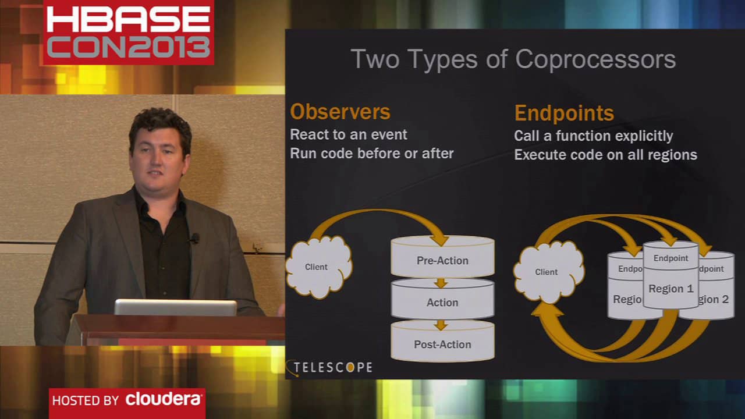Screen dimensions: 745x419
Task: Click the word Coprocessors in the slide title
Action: point(595,60)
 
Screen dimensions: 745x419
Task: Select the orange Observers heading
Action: point(340,112)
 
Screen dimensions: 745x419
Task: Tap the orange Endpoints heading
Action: point(564,113)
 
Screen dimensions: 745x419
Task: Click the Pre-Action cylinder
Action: point(443,257)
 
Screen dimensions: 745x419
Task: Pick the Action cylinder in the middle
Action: point(443,299)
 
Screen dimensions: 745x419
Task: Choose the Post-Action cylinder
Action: point(443,341)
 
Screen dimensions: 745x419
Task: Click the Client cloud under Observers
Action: point(318,267)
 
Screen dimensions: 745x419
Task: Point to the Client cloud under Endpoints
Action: point(549,272)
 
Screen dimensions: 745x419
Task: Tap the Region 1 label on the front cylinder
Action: point(671,289)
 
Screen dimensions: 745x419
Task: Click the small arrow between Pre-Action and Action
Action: point(441,283)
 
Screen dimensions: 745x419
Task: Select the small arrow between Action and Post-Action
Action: point(441,325)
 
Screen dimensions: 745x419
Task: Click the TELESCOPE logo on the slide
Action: point(329,368)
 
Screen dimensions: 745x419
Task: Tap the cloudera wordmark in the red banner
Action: point(164,399)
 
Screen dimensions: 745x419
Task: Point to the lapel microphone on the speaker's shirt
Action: point(194,238)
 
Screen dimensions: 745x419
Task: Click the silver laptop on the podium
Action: point(175,307)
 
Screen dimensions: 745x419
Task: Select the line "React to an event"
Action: point(348,134)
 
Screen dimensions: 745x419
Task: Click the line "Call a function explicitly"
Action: point(593,136)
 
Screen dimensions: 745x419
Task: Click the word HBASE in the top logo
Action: point(129,19)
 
